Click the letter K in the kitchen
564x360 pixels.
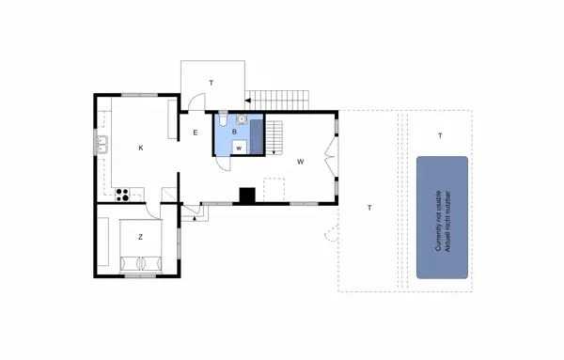(x=141, y=148)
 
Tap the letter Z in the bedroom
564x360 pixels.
(x=140, y=237)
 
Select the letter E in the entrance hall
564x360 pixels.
(x=196, y=133)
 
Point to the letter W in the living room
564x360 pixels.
(x=301, y=162)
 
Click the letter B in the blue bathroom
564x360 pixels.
(x=234, y=133)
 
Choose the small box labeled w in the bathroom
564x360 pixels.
(x=239, y=148)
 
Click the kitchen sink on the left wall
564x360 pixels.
(x=102, y=145)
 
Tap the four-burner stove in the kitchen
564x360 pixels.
(x=120, y=195)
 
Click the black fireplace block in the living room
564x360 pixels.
(x=248, y=196)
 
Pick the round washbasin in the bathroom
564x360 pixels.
(x=242, y=119)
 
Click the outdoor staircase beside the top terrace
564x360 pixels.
(x=278, y=97)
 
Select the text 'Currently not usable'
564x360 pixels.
(x=438, y=217)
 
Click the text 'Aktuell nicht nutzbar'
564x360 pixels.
(x=447, y=217)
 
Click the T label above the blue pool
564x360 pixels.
(x=440, y=136)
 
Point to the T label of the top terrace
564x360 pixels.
(x=211, y=84)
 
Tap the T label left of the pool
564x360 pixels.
(x=369, y=207)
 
